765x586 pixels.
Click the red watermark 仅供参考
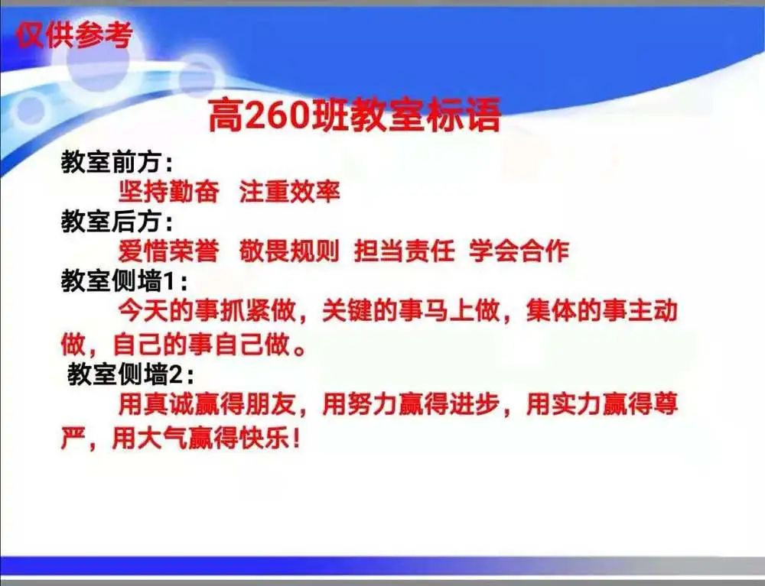[x=73, y=34]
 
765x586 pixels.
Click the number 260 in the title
[x=277, y=115]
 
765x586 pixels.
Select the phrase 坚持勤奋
[x=169, y=192]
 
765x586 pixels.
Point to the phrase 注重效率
[x=289, y=192]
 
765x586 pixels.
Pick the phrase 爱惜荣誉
[x=169, y=251]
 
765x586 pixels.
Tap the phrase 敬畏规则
[x=289, y=251]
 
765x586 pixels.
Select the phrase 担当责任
[x=405, y=251]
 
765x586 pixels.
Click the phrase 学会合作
[x=519, y=251]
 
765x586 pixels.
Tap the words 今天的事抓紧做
[x=207, y=311]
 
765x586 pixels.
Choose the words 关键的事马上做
[x=411, y=311]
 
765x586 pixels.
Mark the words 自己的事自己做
[x=201, y=345]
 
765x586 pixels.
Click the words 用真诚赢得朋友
[x=207, y=405]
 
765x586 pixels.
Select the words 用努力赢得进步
[x=411, y=405]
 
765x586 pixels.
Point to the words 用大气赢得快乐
[x=201, y=438]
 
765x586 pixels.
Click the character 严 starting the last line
[x=73, y=438]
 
